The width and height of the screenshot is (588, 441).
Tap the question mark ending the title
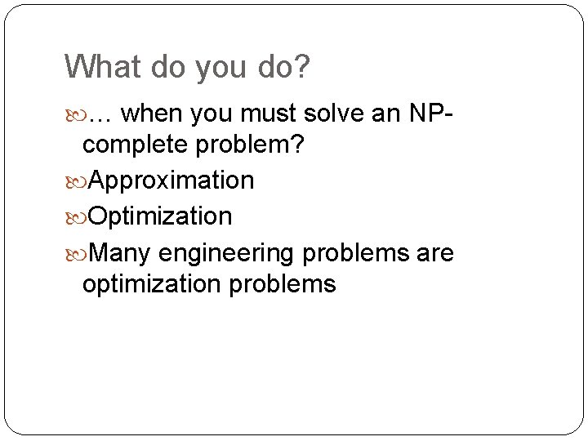pos(303,68)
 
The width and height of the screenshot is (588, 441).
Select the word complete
pos(136,146)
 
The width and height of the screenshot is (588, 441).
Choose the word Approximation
pos(171,180)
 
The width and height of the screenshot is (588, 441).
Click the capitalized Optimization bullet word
pos(159,216)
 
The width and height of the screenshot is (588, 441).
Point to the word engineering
pos(226,255)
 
